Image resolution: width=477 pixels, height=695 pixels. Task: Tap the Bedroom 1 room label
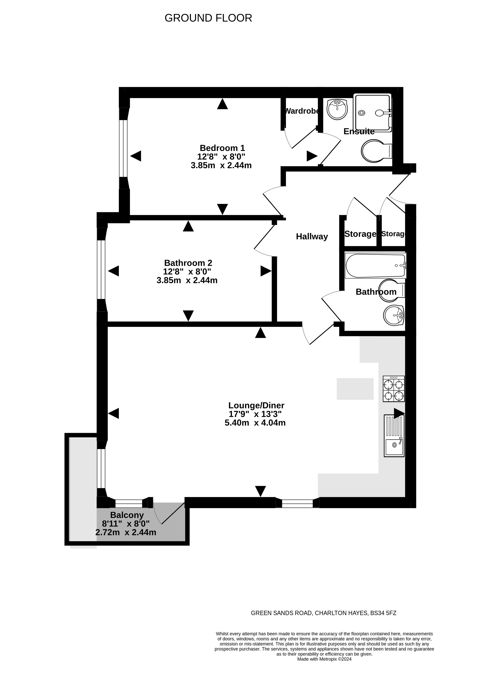pos(222,148)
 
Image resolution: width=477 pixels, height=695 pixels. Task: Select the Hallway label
pos(312,237)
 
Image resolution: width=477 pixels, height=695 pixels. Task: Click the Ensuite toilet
pos(377,151)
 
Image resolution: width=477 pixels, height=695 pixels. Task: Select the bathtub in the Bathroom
pos(376,266)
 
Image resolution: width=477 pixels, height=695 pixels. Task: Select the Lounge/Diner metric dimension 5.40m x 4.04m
pos(255,423)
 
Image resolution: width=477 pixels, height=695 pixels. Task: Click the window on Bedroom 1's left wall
pos(123,148)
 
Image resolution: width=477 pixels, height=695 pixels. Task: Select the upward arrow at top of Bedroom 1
pos(222,104)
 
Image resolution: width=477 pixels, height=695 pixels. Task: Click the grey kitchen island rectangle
pos(355,389)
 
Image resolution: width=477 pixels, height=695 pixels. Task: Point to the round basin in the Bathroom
pos(393,315)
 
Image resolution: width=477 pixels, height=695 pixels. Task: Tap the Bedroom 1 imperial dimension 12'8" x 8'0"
pos(221,157)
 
